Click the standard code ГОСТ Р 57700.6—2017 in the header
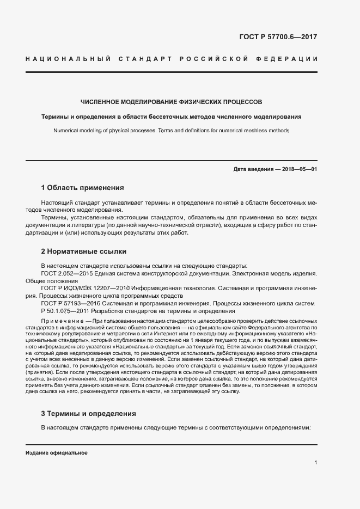tap(278, 38)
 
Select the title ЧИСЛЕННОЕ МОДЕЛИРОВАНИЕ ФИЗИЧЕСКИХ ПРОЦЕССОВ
tap(171, 102)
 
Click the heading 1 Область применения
tap(82, 188)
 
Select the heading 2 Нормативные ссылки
tap(84, 252)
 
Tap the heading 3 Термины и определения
tap(88, 414)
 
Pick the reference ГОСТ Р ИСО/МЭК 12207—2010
tap(87, 288)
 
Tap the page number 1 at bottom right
tap(315, 463)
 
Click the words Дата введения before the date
tap(253, 169)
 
